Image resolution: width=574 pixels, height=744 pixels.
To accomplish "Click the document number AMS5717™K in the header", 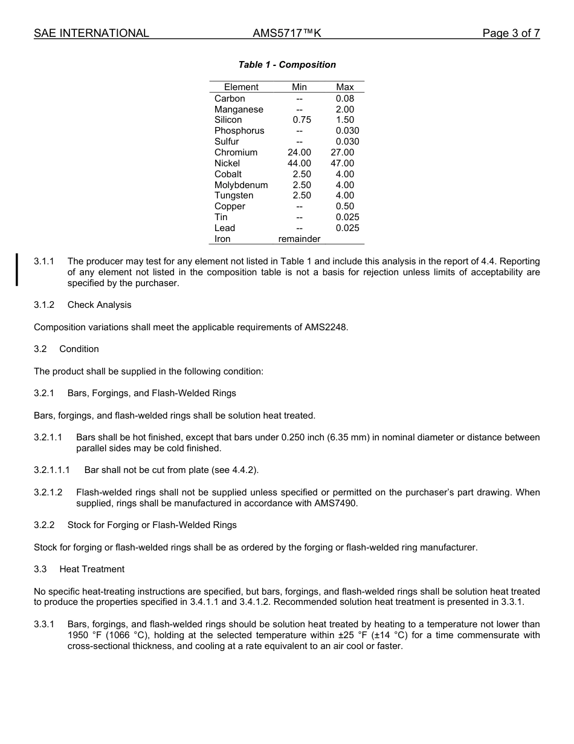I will click(286, 33).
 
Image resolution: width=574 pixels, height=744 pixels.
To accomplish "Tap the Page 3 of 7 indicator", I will click(511, 33).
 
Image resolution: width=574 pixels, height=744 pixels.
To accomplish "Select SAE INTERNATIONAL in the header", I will click(91, 33).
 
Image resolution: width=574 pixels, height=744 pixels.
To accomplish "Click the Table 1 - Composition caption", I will click(287, 65).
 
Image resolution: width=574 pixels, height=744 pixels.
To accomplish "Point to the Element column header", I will click(241, 87).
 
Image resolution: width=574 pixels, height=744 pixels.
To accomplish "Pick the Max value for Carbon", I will click(345, 99).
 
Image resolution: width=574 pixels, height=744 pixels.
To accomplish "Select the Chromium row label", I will click(236, 152).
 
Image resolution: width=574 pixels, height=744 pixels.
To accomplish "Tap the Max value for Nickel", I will click(343, 163).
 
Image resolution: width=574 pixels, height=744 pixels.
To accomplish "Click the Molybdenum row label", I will click(241, 185).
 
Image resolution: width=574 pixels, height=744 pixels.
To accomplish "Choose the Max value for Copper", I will click(345, 206).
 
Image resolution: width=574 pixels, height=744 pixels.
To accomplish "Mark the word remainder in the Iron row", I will click(299, 239).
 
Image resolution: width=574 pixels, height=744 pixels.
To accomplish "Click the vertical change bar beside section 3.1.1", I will click(17, 270).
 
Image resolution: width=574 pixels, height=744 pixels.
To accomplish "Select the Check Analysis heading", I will click(99, 305).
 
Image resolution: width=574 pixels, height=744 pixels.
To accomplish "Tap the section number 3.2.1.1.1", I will click(52, 470).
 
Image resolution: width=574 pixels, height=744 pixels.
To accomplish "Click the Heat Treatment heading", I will click(92, 569).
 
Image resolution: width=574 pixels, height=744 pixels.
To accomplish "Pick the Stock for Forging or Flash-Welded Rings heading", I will click(152, 525).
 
